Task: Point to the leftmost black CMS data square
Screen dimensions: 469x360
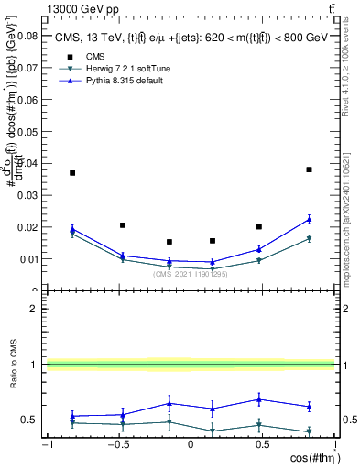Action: pos(72,172)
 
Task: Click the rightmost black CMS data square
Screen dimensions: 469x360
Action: pos(309,169)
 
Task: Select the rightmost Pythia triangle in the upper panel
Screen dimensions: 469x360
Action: pos(309,219)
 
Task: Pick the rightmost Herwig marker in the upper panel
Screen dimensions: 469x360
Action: pos(309,238)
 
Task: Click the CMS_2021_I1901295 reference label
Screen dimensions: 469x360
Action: pos(190,274)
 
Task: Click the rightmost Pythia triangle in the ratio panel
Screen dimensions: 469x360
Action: pos(309,407)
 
